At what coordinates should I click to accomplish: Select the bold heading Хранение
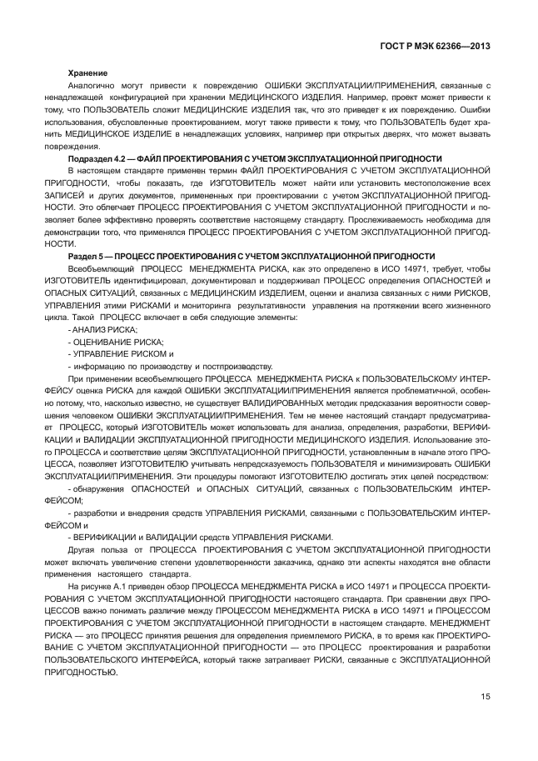(87, 73)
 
